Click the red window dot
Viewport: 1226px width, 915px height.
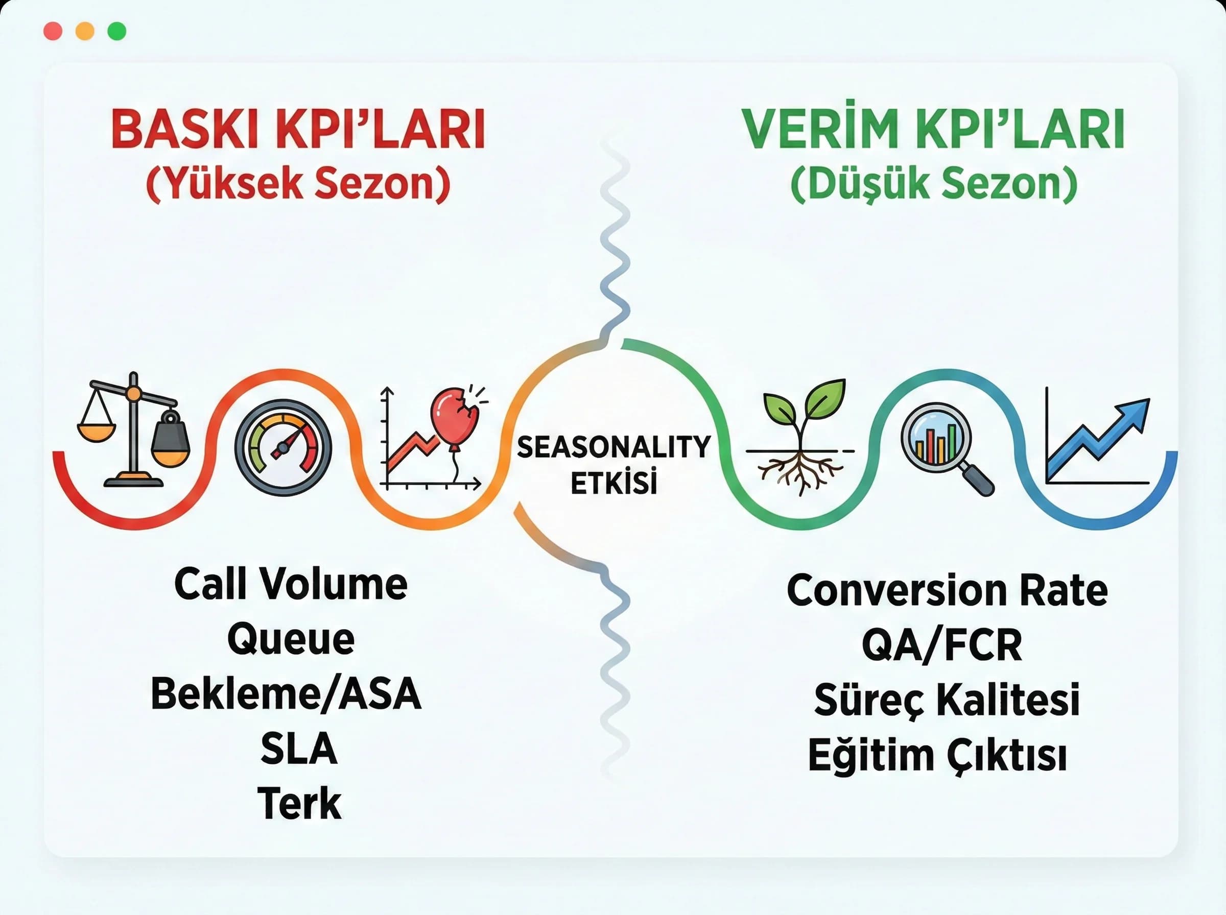coord(53,31)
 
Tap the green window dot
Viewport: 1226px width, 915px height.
coord(116,31)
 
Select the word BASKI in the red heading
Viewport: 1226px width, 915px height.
coord(183,130)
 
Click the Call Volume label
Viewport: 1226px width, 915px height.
coord(291,585)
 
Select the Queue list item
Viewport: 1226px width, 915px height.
coord(291,639)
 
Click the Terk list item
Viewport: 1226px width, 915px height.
coord(299,803)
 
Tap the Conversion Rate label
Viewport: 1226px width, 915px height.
coord(947,590)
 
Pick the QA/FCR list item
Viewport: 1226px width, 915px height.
coord(942,645)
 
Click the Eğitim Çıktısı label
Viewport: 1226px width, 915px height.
coord(937,756)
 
